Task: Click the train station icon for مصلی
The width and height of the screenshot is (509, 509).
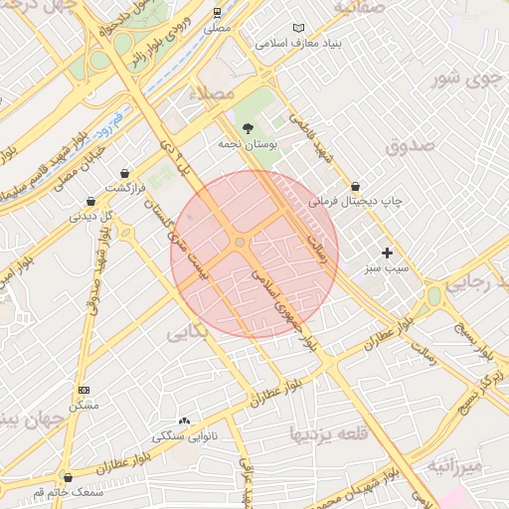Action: (217, 13)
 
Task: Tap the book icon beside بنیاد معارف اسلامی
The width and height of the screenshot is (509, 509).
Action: (300, 28)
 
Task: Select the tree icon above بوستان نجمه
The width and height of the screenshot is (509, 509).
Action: (248, 128)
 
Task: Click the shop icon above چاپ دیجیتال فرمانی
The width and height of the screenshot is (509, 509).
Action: (355, 186)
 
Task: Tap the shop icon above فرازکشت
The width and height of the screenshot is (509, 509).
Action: (124, 173)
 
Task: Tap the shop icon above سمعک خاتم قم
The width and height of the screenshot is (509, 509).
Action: (68, 477)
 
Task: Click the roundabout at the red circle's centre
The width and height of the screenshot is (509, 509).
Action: (240, 243)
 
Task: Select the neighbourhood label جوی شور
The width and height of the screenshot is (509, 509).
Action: (463, 77)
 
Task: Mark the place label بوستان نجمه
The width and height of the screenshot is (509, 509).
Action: (245, 145)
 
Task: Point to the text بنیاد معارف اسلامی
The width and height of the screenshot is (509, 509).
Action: (298, 44)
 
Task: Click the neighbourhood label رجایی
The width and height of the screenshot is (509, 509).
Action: (474, 282)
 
